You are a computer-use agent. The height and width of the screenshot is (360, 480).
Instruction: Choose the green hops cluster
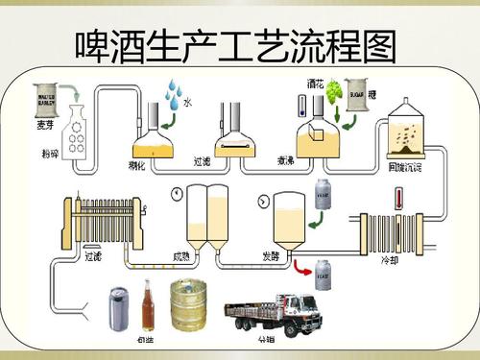pyautogui.click(x=336, y=93)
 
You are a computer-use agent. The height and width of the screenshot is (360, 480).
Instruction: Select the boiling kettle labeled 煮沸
pyautogui.click(x=313, y=140)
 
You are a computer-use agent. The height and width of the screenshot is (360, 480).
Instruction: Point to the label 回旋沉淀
pyautogui.click(x=411, y=169)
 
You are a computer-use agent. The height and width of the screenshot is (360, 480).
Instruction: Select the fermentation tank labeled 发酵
pyautogui.click(x=288, y=216)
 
